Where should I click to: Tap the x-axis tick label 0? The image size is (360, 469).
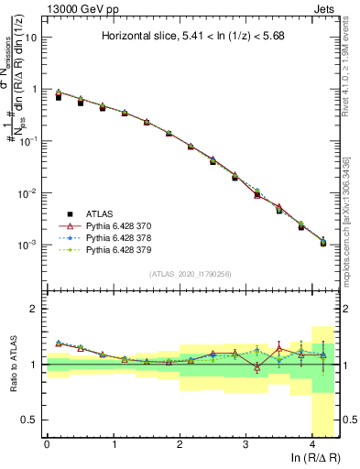click(47, 444)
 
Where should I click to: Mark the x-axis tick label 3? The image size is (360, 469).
click(245, 444)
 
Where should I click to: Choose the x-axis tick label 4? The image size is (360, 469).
click(312, 444)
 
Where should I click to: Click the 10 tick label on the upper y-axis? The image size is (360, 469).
click(30, 38)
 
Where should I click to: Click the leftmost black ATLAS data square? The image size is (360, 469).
click(59, 96)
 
